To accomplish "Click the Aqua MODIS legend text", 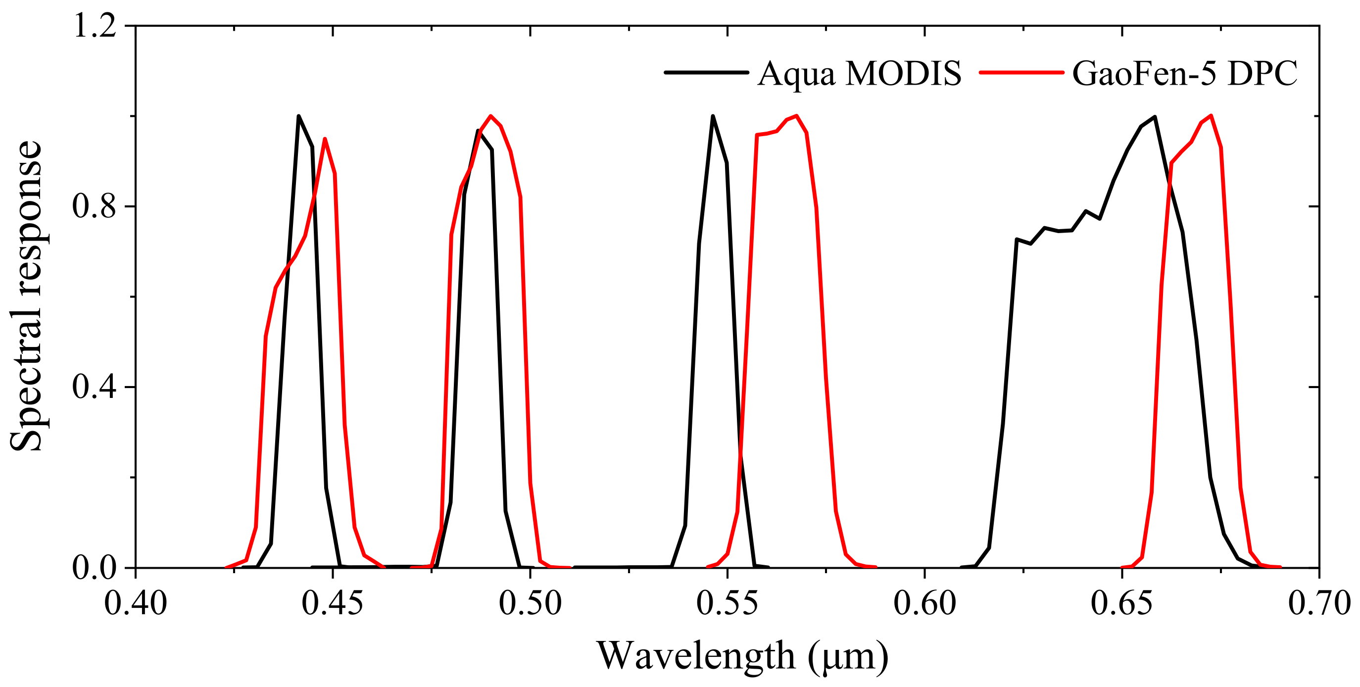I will coord(859,73).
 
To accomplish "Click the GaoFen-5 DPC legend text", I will coord(1185,73).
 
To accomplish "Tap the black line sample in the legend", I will coord(706,72).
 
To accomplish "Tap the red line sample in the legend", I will coord(1021,72).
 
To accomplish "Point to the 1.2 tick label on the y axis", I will coord(95,25).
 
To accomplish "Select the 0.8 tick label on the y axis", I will coord(95,206).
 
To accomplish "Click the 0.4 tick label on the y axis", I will coord(95,387).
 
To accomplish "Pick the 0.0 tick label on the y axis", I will coord(95,568).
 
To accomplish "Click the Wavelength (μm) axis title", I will coord(742,656).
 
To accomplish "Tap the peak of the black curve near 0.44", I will coord(299,116).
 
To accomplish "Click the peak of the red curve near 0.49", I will coord(491,116).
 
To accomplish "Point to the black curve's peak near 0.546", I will coord(713,116).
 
